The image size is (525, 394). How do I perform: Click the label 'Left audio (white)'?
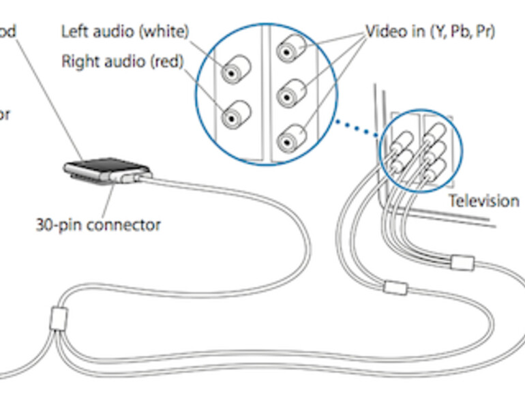(x=125, y=31)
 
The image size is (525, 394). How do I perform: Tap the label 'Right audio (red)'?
(x=123, y=61)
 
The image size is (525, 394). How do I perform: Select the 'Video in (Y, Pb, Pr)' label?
(x=430, y=31)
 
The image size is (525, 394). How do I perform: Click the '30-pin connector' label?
(x=98, y=224)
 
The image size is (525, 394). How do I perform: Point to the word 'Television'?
(x=483, y=200)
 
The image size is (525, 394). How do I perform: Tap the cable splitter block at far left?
(x=58, y=318)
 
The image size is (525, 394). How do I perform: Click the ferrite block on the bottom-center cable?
(x=395, y=288)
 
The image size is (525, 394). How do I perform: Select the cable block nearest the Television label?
(x=462, y=261)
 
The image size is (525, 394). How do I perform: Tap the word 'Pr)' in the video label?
(x=485, y=31)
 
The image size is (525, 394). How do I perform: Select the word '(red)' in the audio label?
(x=166, y=61)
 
